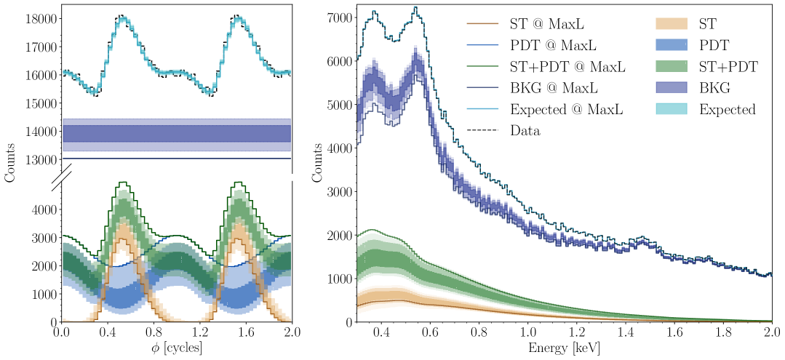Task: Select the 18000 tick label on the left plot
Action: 39,19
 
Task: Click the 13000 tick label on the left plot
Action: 39,159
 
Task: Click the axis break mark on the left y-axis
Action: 60,174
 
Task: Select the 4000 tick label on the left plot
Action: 42,209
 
